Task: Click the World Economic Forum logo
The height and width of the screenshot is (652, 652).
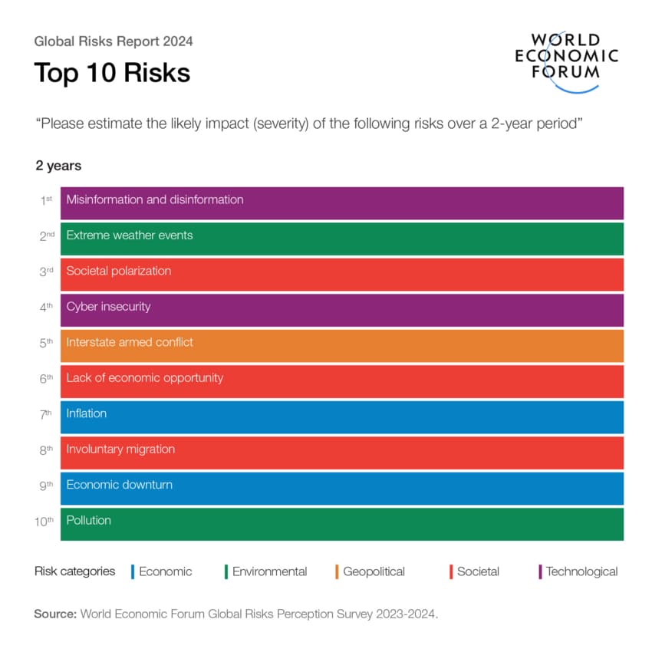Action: pyautogui.click(x=566, y=60)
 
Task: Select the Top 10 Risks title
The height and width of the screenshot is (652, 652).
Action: pyautogui.click(x=112, y=73)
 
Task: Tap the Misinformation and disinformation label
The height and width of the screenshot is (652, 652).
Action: pyautogui.click(x=155, y=199)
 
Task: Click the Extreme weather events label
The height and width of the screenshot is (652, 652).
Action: pyautogui.click(x=130, y=235)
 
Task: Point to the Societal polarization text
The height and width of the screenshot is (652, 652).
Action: pyautogui.click(x=119, y=271)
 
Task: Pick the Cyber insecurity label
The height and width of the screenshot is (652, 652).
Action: pyautogui.click(x=108, y=307)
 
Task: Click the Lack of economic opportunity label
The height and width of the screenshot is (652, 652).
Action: pyautogui.click(x=145, y=378)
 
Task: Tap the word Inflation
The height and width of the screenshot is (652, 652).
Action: pyautogui.click(x=87, y=413)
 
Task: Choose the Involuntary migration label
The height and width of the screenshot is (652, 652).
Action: pyautogui.click(x=120, y=449)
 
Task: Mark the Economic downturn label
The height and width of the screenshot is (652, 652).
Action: pyautogui.click(x=120, y=485)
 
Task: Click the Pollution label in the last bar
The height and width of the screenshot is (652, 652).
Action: pyautogui.click(x=89, y=521)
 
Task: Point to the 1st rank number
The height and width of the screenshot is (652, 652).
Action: pyautogui.click(x=47, y=199)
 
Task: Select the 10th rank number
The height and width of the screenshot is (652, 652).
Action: pyautogui.click(x=44, y=521)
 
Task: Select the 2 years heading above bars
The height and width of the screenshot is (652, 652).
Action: pyautogui.click(x=58, y=166)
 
